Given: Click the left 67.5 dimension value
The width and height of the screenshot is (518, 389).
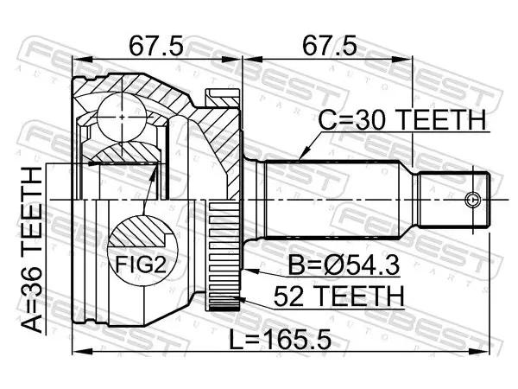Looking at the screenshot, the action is pos(155,46).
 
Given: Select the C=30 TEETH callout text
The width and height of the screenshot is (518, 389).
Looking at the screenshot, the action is pos(402,120).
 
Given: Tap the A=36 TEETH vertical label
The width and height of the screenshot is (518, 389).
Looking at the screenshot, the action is pos(32,250).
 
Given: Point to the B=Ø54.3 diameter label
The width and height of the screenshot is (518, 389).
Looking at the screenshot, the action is pos(344,265).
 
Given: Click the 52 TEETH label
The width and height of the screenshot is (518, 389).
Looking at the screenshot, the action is pos(338,297).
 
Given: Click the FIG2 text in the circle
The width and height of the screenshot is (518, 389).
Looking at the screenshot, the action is pos(141,265).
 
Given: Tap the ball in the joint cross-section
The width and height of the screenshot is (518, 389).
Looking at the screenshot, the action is pos(123,117).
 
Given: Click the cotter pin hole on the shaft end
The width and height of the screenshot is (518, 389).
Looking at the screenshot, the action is pos(472,200).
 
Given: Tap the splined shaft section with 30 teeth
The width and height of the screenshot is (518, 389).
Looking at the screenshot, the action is pos(332,200).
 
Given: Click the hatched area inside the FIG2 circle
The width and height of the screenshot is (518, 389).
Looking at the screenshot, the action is pos(140,231).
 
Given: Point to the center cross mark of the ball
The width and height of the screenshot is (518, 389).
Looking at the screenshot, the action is pos(123,117).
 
